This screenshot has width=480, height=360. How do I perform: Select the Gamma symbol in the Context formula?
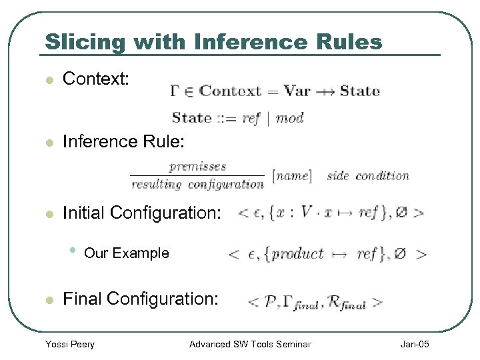175,91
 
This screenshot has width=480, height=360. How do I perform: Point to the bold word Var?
296,91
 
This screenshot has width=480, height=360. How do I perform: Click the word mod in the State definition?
289,118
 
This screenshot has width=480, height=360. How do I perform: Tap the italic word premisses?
197,167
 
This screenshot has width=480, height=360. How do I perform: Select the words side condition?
368,176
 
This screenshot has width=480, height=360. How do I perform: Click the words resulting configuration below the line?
197,184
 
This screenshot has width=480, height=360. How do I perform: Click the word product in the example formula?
297,254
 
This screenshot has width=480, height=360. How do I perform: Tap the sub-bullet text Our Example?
127,253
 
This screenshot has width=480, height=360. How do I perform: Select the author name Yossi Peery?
69,344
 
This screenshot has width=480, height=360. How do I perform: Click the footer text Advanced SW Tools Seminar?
250,344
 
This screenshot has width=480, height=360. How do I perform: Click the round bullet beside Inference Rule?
48,142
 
